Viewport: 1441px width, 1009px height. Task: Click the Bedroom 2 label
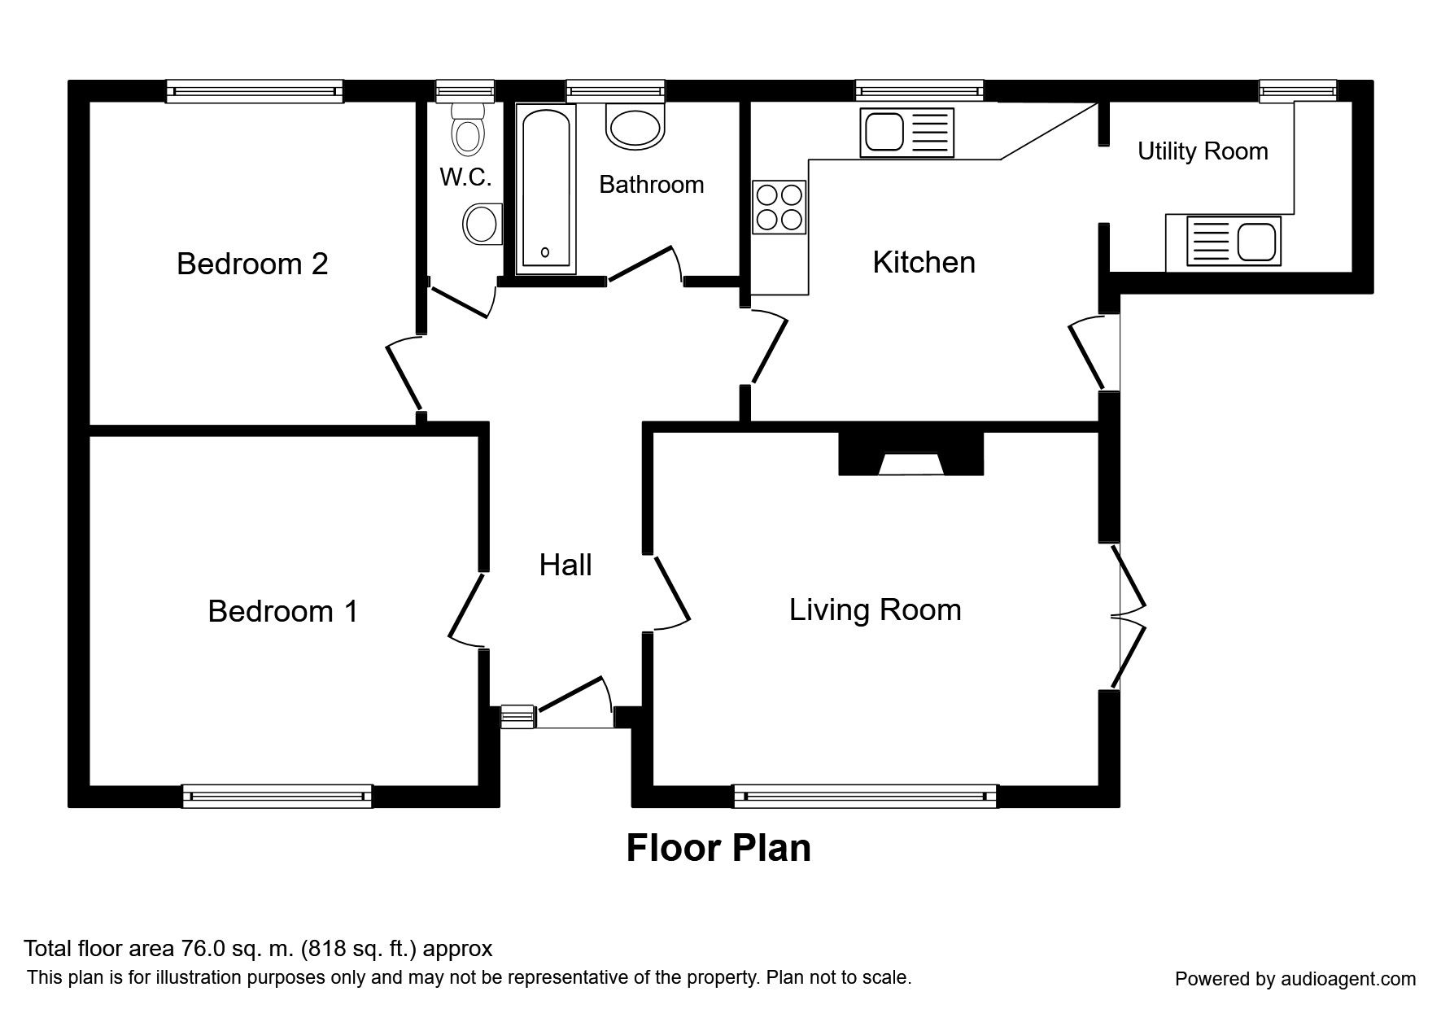[x=252, y=264]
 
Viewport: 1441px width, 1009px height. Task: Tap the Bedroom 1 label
[x=282, y=611]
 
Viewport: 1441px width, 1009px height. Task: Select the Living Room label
[x=875, y=609]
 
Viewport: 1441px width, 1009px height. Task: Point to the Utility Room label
[x=1202, y=151]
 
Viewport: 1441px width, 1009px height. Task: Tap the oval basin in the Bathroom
[x=635, y=128]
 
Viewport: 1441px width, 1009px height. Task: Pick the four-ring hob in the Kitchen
[x=779, y=207]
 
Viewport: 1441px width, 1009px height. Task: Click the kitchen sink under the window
[x=906, y=133]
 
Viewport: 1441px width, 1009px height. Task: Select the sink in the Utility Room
[x=1234, y=241]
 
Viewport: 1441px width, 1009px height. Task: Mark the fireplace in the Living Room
[x=911, y=455]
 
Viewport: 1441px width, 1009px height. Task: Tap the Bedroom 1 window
[x=277, y=796]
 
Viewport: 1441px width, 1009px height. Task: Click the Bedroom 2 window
[x=254, y=91]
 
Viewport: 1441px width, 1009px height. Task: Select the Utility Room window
[x=1297, y=91]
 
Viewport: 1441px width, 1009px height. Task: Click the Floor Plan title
[x=718, y=848]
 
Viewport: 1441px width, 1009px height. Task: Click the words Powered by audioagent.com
[x=1295, y=979]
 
